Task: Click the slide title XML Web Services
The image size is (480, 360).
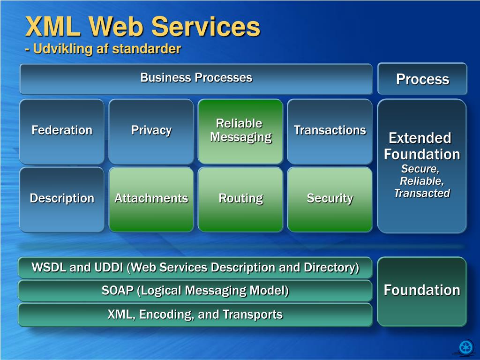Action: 142,26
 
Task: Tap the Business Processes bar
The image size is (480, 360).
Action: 196,78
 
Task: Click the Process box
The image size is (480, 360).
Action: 422,79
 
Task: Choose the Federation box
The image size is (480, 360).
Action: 62,131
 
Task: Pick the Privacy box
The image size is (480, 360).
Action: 151,131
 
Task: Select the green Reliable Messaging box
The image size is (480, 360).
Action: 240,131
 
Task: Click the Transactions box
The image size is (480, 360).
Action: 330,131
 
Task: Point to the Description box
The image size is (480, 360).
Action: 62,199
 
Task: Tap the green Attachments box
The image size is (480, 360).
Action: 151,199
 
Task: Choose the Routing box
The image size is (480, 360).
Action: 240,199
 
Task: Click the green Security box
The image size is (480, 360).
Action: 330,199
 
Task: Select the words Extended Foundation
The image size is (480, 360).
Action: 421,146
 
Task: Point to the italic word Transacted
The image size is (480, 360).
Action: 421,193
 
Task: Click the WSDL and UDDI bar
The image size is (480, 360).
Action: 195,268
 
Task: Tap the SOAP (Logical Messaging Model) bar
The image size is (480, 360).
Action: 195,291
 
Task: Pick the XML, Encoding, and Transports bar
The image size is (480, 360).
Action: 195,314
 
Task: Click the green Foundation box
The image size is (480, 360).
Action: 422,291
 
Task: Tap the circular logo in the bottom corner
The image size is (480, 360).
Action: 466,347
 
